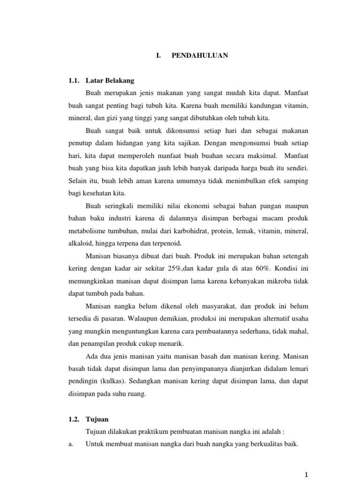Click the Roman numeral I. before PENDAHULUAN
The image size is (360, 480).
coord(159,55)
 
